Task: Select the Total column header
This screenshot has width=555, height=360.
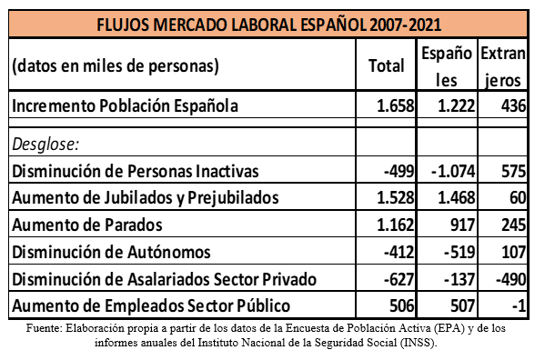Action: tap(386, 65)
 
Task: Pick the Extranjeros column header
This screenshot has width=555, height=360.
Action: tap(503, 65)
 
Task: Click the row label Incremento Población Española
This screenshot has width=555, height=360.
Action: tap(126, 105)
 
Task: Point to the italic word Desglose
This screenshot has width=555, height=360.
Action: tap(46, 144)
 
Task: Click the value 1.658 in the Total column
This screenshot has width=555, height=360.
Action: tap(395, 105)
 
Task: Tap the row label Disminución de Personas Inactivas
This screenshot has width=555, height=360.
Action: tap(136, 170)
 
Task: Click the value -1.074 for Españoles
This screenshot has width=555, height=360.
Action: tap(450, 170)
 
